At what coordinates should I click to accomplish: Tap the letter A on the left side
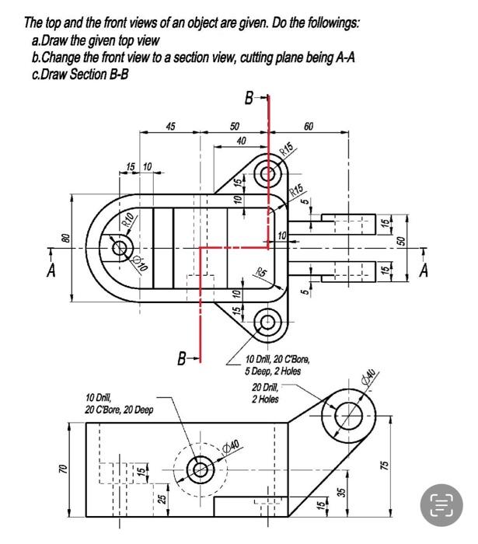[x=51, y=270]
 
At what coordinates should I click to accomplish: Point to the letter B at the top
[x=249, y=99]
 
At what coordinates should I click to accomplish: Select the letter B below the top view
[x=182, y=358]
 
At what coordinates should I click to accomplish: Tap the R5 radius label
[x=263, y=272]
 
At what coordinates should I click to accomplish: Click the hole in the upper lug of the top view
[x=269, y=173]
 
